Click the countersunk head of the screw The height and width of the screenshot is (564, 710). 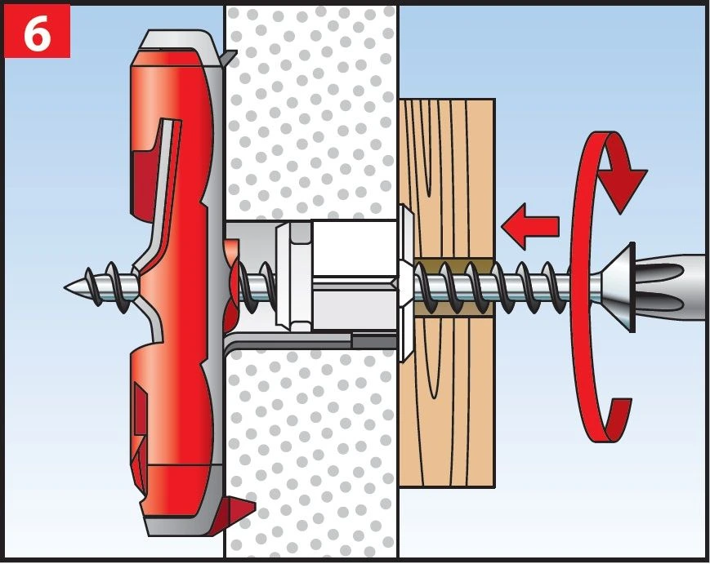(x=620, y=286)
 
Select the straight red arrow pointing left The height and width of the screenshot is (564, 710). (x=529, y=226)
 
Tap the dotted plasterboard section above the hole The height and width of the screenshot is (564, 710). (x=311, y=112)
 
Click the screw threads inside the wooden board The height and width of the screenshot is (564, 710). (x=453, y=286)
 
